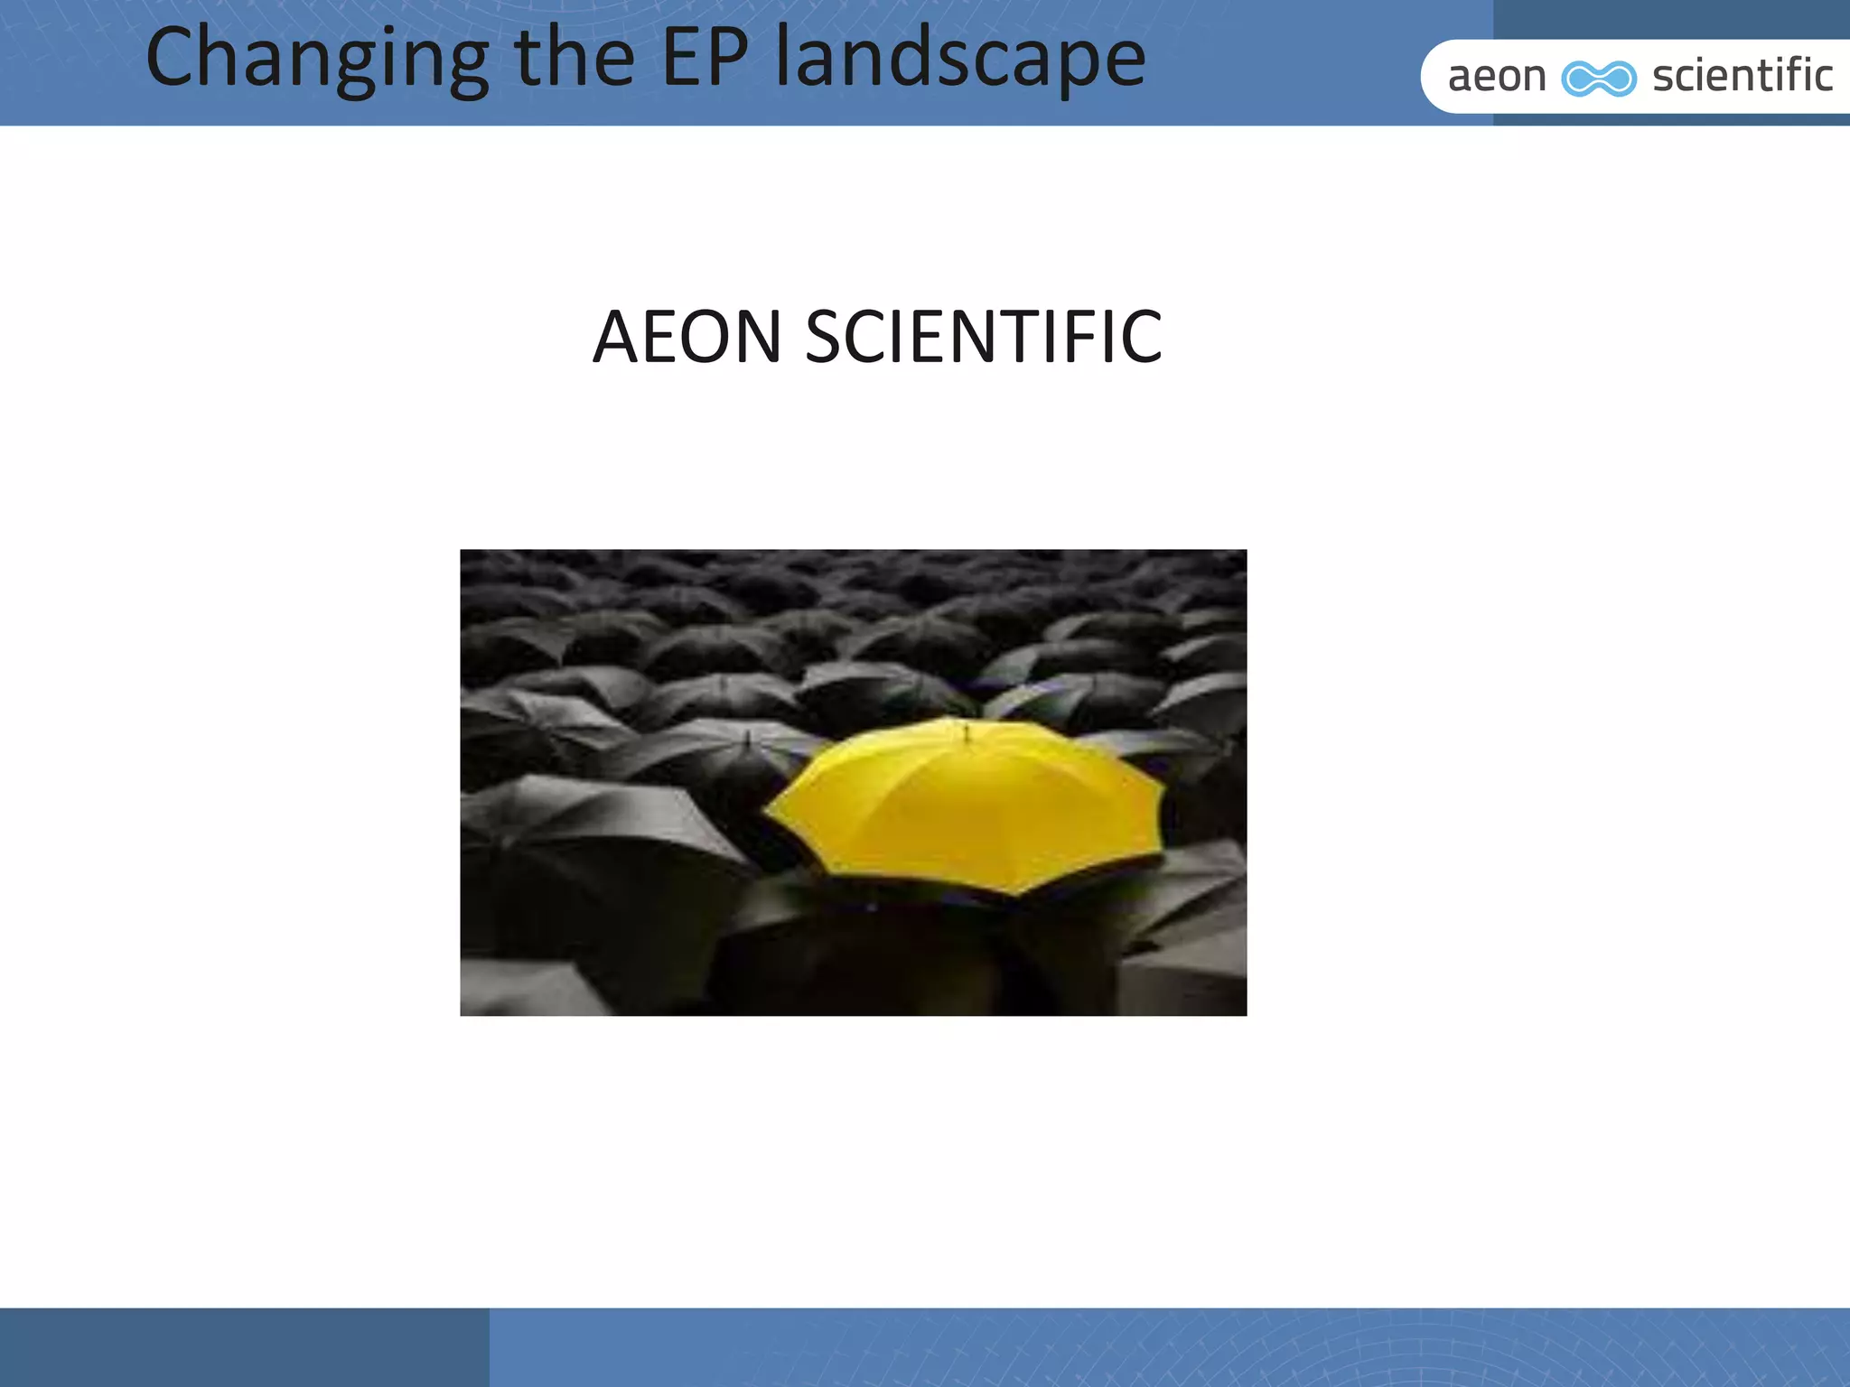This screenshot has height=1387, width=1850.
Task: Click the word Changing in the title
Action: click(x=316, y=60)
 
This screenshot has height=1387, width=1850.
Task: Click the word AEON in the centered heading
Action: click(x=687, y=337)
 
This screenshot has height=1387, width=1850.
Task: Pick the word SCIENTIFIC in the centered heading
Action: click(x=984, y=337)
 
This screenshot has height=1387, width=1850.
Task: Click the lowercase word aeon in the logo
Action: click(x=1497, y=77)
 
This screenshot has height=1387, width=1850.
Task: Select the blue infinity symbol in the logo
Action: click(x=1599, y=79)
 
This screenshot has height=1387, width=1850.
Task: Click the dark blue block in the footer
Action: click(x=244, y=1346)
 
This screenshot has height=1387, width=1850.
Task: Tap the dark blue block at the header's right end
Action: click(x=1671, y=18)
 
